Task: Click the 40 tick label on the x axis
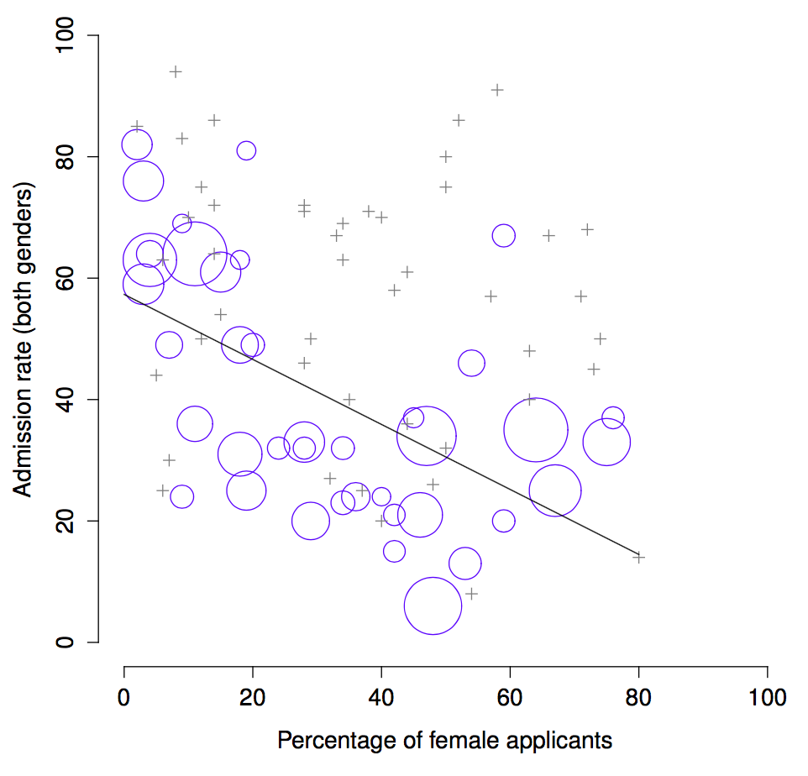tap(381, 698)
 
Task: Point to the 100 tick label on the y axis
tap(65, 36)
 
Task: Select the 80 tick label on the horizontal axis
tap(638, 698)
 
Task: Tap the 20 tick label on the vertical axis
tap(65, 521)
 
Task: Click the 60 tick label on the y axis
tap(65, 278)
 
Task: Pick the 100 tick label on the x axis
tap(767, 698)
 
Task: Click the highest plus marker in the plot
tap(176, 71)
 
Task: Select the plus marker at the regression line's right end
tap(638, 557)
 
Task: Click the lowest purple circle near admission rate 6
tap(433, 606)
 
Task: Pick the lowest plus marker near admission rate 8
tap(471, 594)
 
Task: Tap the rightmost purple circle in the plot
tap(613, 417)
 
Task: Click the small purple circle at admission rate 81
tap(246, 151)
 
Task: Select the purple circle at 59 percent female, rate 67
tap(503, 236)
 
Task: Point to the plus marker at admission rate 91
tap(497, 90)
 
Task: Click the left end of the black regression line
tap(125, 295)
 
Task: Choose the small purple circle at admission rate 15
tap(394, 551)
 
